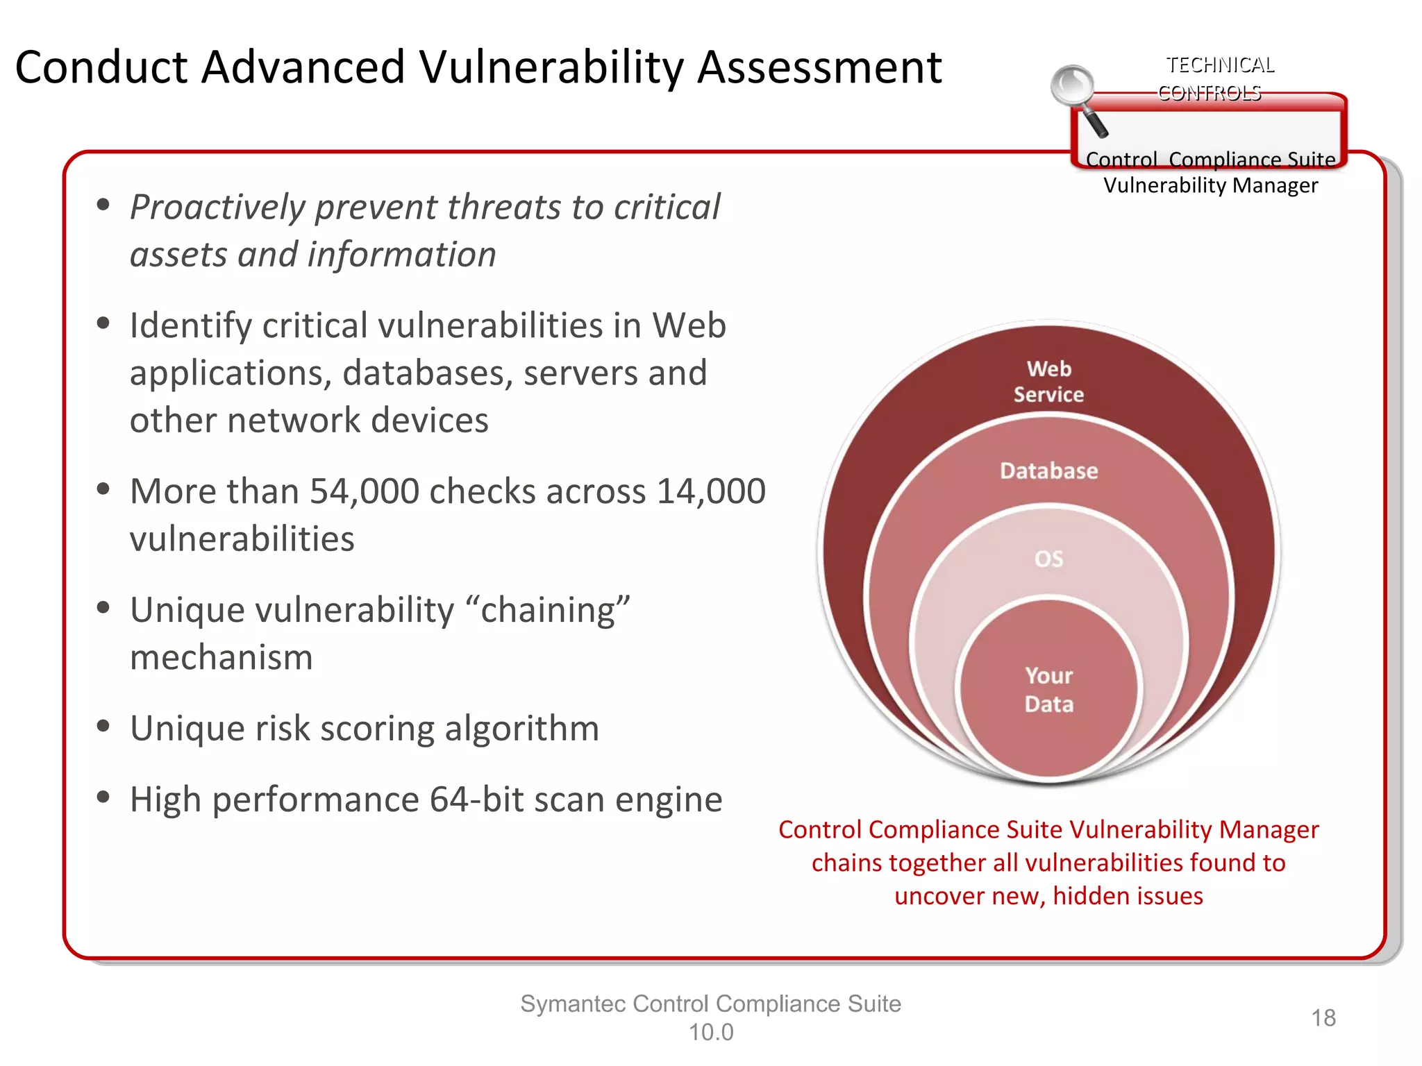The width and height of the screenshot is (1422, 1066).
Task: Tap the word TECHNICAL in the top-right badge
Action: (x=1220, y=65)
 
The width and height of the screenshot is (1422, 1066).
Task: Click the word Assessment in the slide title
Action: (x=819, y=68)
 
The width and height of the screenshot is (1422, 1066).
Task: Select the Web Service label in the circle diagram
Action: (x=1048, y=382)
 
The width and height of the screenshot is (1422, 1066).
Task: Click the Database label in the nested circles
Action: (x=1048, y=471)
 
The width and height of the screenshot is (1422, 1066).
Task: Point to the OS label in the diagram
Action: (x=1048, y=559)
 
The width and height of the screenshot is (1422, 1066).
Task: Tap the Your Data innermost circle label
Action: (x=1048, y=690)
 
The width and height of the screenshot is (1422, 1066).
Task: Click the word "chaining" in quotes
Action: (x=549, y=611)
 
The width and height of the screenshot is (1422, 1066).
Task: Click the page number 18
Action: (x=1323, y=1018)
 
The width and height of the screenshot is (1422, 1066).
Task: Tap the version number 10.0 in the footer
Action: (x=710, y=1033)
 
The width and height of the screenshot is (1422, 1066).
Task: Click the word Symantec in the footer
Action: (x=573, y=1004)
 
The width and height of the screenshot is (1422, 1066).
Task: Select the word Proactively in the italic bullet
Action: (x=217, y=208)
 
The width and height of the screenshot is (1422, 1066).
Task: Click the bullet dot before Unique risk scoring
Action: (x=103, y=727)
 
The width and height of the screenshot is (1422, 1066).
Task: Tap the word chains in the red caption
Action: (x=846, y=863)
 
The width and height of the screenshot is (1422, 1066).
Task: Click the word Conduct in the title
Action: (x=101, y=68)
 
